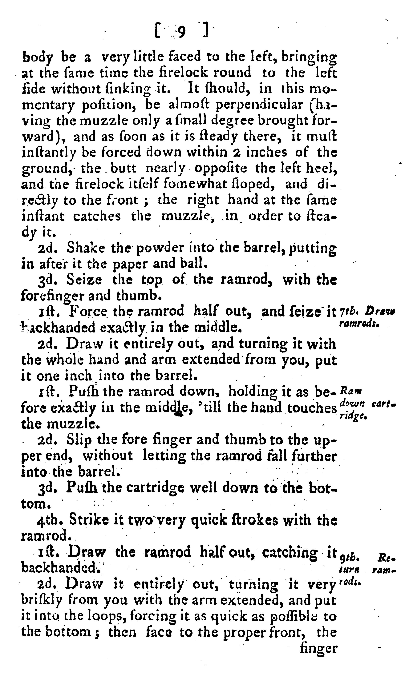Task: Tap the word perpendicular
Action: (x=260, y=105)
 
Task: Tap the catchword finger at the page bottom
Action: (x=318, y=647)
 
